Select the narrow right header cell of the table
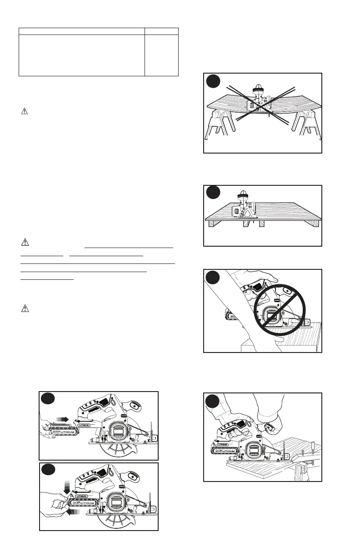161,31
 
